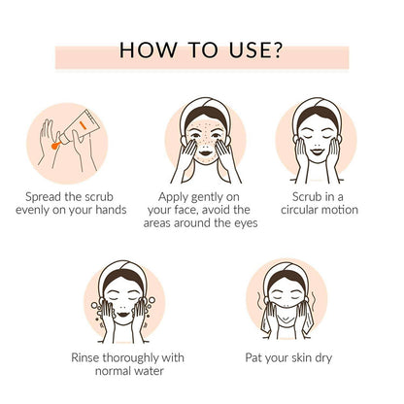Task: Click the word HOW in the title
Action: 144,50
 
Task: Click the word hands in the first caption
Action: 105,211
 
